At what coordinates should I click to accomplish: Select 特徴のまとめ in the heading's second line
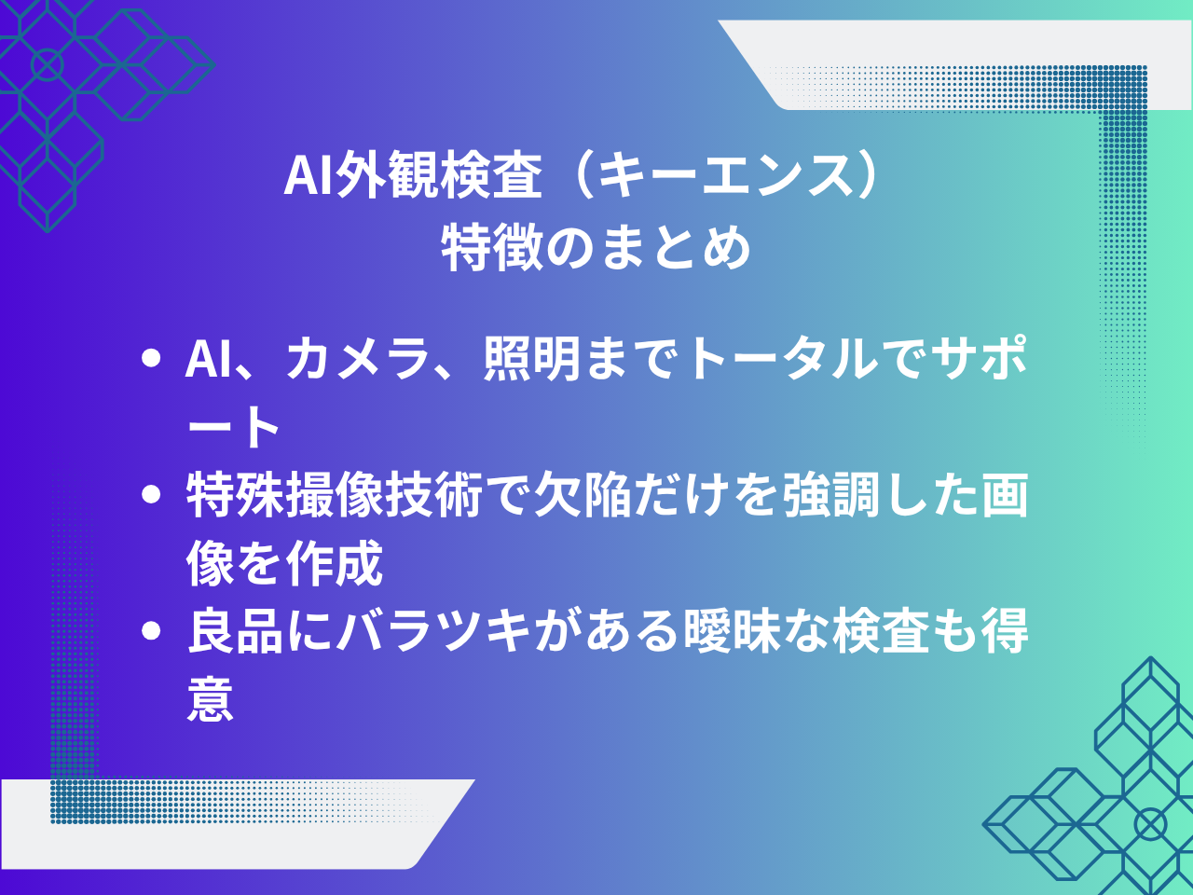[596, 247]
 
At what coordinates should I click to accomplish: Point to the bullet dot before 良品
[150, 631]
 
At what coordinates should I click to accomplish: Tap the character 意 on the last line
[211, 699]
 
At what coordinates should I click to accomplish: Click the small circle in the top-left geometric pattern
[47, 64]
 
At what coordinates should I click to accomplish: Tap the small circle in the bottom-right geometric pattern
[1151, 825]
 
